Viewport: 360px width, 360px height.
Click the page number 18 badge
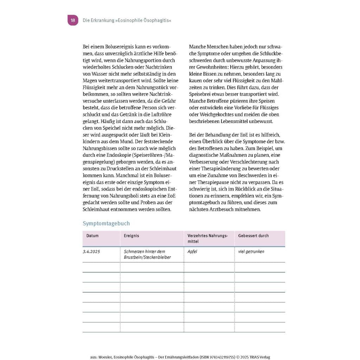coord(73,20)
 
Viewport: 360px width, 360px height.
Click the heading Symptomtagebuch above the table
coord(106,223)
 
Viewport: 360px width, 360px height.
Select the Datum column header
coord(92,236)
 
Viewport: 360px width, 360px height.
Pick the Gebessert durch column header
coord(253,236)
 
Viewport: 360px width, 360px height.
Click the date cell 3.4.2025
coord(91,252)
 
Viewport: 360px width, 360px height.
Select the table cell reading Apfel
coord(192,252)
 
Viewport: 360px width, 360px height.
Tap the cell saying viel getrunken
coord(251,252)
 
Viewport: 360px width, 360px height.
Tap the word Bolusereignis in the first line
coord(109,46)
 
